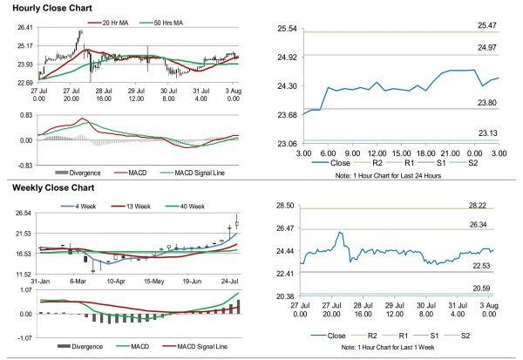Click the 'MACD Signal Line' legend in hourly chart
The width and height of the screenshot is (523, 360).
[x=194, y=173]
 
